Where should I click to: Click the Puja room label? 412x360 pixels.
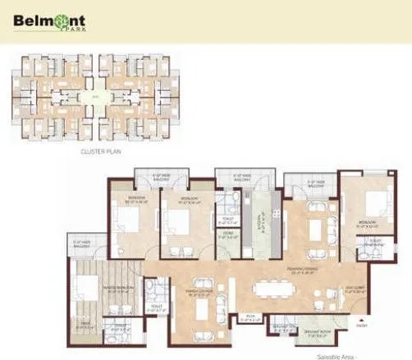click(x=254, y=317)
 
